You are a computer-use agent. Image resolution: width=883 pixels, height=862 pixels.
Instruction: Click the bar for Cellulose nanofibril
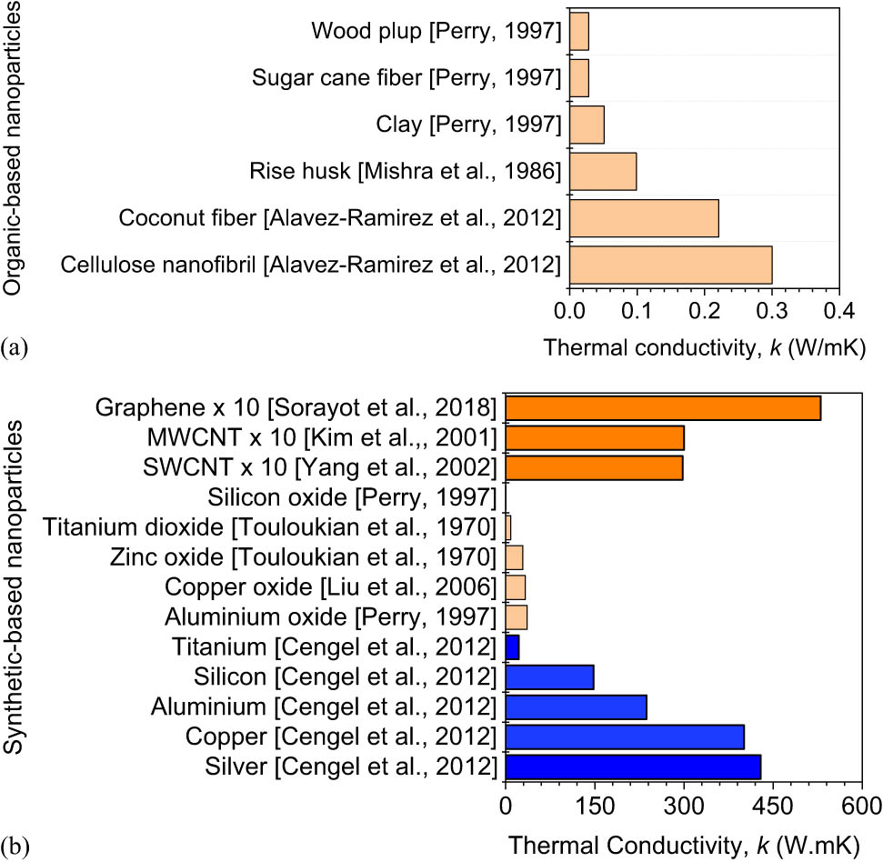670,265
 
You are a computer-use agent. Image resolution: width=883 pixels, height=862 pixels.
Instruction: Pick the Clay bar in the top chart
587,125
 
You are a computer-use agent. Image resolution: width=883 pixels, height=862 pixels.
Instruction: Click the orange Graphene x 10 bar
663,408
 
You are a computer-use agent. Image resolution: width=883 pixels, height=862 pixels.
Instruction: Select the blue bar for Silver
633,766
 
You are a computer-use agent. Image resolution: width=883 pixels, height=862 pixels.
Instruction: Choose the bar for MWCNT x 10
595,438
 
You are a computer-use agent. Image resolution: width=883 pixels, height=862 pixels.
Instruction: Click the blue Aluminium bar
576,707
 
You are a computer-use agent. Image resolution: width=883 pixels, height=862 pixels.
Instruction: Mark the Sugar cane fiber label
406,78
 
